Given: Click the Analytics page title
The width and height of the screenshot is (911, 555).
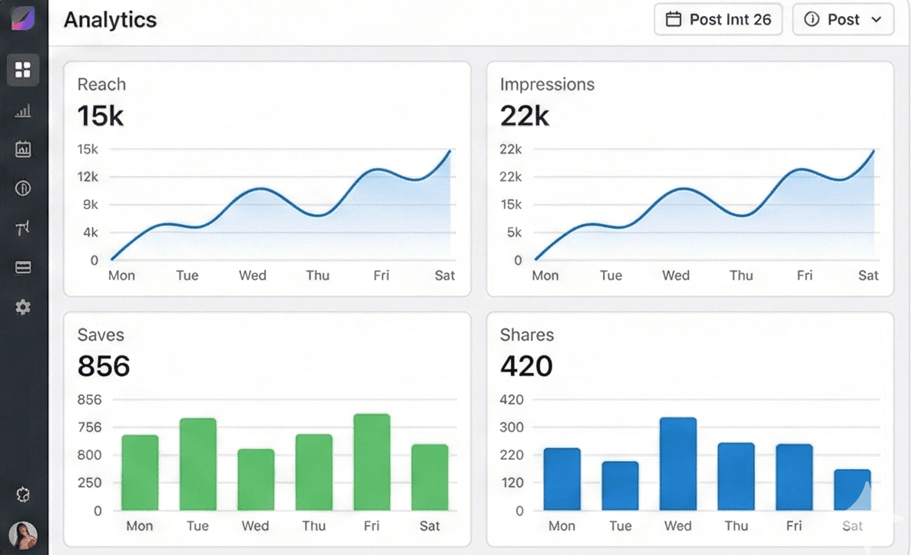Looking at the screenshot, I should pos(110,20).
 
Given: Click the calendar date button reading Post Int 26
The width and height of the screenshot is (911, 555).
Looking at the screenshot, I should pos(717,20).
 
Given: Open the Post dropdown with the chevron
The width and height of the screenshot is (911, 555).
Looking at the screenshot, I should pos(843,20).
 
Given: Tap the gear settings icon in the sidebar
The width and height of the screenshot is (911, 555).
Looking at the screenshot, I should pos(23,307).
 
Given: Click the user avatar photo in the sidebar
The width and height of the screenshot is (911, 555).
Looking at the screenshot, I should pos(23,534).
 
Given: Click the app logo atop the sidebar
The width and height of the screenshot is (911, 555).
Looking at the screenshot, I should pos(23,17).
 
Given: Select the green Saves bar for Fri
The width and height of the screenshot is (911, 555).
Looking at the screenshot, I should pos(372,462).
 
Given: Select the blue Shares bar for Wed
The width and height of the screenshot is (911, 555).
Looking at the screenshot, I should pos(677,464).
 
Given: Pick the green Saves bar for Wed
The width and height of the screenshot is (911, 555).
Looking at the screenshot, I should pos(256,480).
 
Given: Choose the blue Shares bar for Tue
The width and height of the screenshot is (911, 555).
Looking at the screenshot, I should pos(620,486).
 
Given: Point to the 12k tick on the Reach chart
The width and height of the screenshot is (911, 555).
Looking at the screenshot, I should pos(88,177).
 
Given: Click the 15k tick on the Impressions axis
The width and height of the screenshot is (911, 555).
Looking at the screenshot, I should pos(511,204).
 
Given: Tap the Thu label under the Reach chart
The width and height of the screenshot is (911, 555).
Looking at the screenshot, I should pos(317,276).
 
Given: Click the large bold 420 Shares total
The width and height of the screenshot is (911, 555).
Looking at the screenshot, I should pos(526,366).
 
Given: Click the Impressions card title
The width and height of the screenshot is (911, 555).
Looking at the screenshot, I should pos(547,84).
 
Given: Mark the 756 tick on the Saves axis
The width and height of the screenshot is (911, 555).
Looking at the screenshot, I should pos(89,427).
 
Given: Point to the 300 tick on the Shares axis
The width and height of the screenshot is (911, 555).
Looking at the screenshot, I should pos(512,427).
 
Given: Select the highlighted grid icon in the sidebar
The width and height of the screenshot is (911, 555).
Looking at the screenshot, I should pos(23,71).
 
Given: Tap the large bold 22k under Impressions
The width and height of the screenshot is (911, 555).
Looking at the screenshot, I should pos(525,116).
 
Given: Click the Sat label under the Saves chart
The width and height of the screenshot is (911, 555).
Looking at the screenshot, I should pos(429,526).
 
